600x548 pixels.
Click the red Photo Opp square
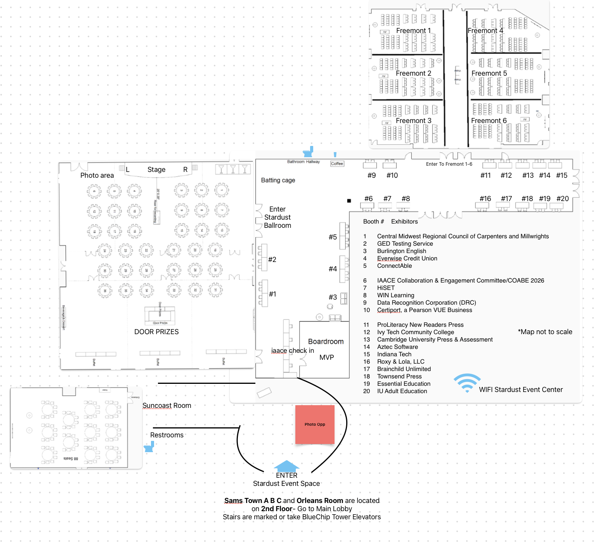click(x=315, y=424)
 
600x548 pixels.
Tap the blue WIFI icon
click(x=467, y=383)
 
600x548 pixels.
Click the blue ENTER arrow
click(x=286, y=466)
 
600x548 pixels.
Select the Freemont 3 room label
click(x=413, y=121)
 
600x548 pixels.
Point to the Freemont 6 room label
click(x=489, y=121)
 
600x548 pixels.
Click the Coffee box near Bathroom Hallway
click(x=337, y=164)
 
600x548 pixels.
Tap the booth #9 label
click(x=371, y=175)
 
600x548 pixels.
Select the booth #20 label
click(x=562, y=199)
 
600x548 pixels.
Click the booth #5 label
click(x=333, y=237)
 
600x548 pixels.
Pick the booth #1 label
click(x=272, y=294)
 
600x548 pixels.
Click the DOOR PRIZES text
click(x=156, y=332)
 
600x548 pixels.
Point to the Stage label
click(x=156, y=170)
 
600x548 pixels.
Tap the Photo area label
click(x=97, y=175)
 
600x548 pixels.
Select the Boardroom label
click(x=326, y=342)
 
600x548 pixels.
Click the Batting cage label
click(x=278, y=180)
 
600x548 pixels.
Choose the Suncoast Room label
click(x=167, y=406)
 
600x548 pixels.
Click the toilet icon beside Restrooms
click(x=149, y=447)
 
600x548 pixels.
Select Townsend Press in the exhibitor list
click(x=399, y=376)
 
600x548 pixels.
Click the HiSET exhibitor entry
click(x=386, y=288)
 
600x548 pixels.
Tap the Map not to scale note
click(x=545, y=332)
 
